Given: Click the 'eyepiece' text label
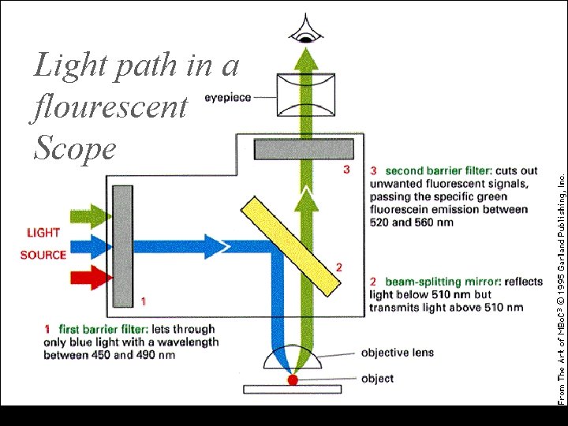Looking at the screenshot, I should point(228,97).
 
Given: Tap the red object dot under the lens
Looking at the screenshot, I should point(293,380).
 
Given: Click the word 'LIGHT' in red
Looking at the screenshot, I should point(43,233).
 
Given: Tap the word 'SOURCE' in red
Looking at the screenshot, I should point(43,255).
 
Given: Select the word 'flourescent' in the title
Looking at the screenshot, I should point(110,106).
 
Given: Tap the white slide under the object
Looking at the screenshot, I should point(292,389).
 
